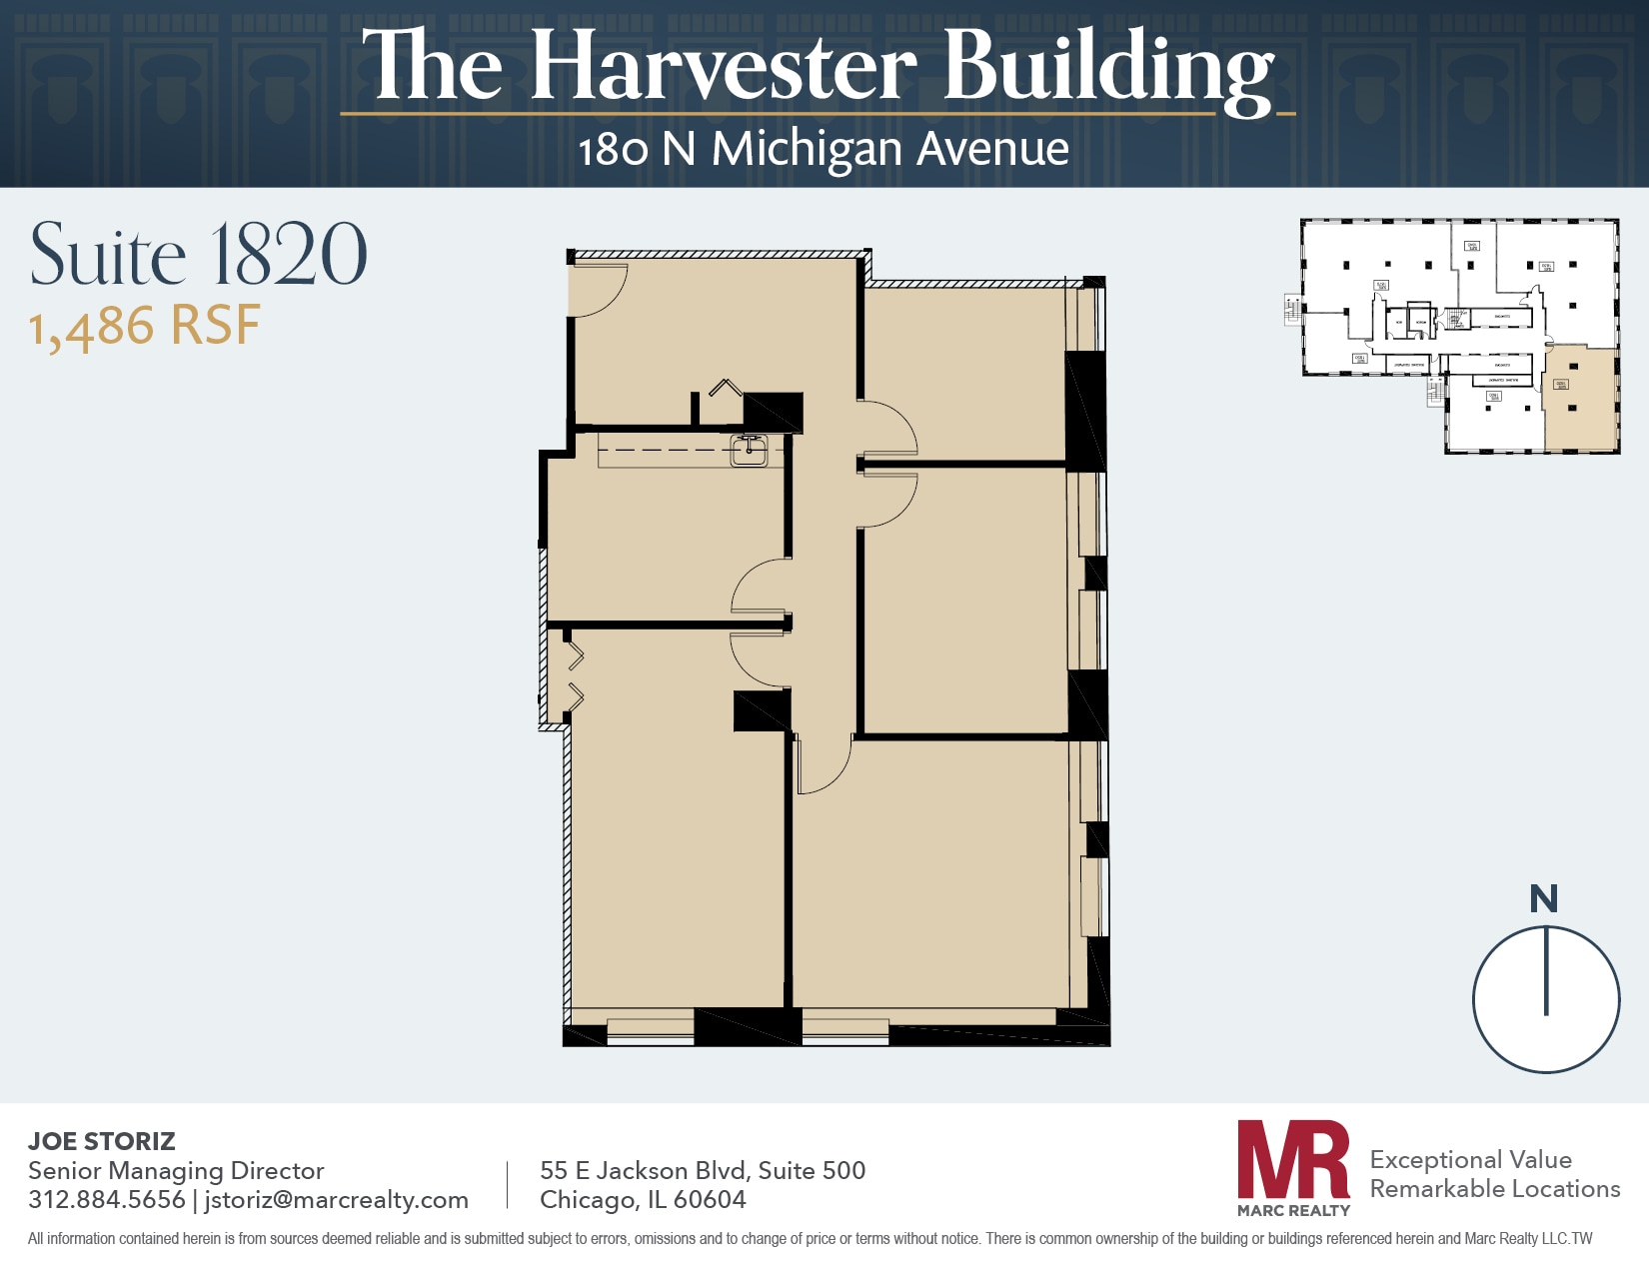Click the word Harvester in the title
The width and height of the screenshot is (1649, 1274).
724,68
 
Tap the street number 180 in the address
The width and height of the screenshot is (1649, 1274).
613,150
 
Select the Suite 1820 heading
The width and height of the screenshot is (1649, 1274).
198,255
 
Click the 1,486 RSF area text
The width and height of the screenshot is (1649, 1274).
145,327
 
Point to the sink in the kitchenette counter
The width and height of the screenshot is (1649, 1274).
749,452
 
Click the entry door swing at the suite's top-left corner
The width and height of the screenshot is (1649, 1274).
597,290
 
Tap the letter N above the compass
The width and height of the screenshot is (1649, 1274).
1543,899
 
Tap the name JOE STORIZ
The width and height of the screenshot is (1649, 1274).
102,1141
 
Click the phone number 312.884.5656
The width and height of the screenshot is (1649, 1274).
107,1199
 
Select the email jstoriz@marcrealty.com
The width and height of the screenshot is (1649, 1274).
336,1199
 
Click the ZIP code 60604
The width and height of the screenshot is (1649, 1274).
710,1199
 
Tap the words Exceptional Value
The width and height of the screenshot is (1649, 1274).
1470,1159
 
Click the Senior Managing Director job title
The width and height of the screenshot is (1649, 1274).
176,1170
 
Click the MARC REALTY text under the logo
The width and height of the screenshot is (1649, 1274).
1293,1210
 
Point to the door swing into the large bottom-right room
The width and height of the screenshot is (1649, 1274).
824,764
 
